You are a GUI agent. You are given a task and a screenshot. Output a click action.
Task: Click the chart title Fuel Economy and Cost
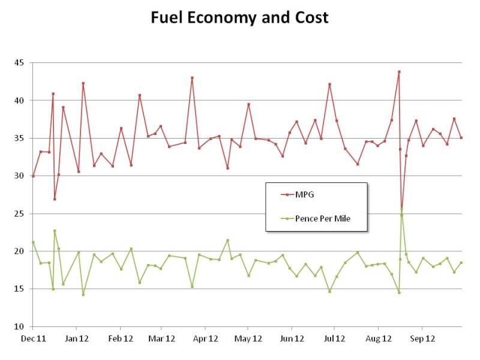point(240,17)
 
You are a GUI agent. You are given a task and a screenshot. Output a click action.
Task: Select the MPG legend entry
point(303,194)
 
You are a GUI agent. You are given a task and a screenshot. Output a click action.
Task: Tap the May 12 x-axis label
point(248,338)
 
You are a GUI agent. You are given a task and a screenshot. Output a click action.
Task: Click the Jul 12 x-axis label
point(334,338)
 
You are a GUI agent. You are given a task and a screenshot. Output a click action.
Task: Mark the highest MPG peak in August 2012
point(399,72)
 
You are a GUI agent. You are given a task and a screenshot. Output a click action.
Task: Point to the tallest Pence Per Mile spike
point(401,214)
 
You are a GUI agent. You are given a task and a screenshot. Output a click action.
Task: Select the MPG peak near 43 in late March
point(192,77)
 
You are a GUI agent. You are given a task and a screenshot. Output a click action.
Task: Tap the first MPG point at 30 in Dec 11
point(33,176)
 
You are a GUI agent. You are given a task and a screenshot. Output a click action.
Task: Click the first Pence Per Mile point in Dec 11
point(33,242)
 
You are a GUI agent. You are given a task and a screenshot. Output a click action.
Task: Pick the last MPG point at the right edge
point(461,137)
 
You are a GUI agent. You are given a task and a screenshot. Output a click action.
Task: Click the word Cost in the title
point(308,17)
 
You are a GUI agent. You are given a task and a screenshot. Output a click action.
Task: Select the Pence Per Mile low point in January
point(83,294)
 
